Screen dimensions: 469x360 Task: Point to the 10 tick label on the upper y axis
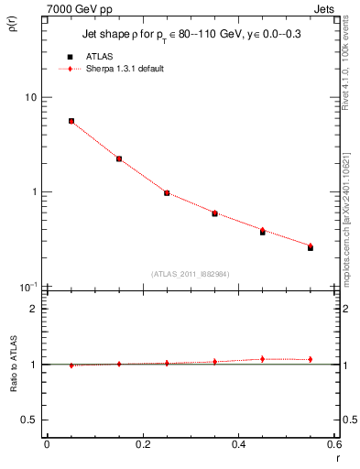click(x=30, y=97)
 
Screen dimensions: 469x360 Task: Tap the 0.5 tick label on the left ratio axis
click(x=29, y=420)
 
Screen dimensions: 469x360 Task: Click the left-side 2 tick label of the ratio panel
click(x=36, y=309)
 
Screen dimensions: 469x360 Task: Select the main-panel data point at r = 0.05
click(x=71, y=121)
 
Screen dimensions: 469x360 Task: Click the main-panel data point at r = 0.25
click(x=167, y=193)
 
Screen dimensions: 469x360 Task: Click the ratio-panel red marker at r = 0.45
click(x=263, y=359)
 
